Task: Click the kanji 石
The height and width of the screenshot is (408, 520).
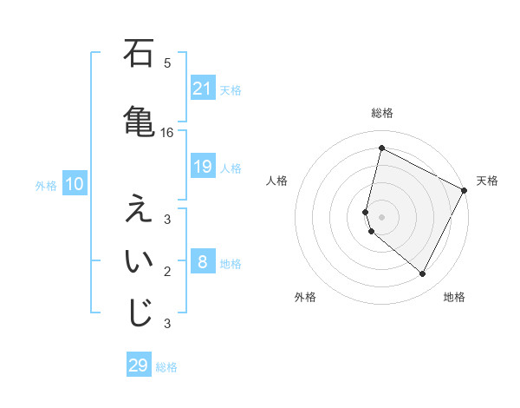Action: pos(139,55)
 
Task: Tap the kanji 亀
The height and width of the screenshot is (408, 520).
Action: pos(139,120)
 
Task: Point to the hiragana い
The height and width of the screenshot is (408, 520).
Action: pos(139,260)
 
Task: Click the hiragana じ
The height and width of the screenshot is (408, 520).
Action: pos(139,313)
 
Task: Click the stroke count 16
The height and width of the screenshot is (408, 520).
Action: pos(167,133)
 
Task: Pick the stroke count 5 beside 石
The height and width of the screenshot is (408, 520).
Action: pos(167,63)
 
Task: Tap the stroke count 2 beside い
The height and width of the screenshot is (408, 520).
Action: pos(167,272)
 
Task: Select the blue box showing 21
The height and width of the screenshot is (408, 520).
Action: pos(202,89)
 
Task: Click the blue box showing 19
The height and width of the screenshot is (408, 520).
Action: pos(202,167)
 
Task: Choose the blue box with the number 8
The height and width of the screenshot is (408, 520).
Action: pos(202,262)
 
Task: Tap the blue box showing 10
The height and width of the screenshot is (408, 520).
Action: pos(74,184)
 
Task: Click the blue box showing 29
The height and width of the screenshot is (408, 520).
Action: pos(139,365)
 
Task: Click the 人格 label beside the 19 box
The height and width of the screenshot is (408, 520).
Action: pos(231,168)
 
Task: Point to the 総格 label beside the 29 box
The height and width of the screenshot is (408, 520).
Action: pos(166,366)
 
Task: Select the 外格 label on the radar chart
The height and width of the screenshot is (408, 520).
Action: pos(305,297)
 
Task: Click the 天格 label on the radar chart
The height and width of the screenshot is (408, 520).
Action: pos(487,181)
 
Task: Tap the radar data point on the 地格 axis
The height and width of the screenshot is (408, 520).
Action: pos(423,274)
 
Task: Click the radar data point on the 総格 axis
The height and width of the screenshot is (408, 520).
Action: pos(381,148)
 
